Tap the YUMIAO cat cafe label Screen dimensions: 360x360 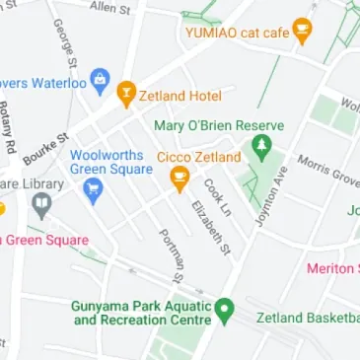(x=237, y=34)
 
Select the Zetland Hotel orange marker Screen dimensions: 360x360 (x=126, y=95)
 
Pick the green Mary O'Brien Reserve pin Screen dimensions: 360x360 (x=261, y=149)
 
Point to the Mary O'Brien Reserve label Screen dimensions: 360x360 (x=219, y=125)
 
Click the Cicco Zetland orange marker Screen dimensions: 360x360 (x=180, y=180)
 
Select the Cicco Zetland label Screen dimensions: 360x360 (x=199, y=157)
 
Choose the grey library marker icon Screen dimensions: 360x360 (x=41, y=206)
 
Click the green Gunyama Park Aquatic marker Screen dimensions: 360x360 (x=225, y=312)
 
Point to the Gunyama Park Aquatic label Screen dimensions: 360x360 (x=141, y=313)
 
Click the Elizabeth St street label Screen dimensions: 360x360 (x=210, y=228)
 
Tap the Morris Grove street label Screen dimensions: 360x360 (x=327, y=169)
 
